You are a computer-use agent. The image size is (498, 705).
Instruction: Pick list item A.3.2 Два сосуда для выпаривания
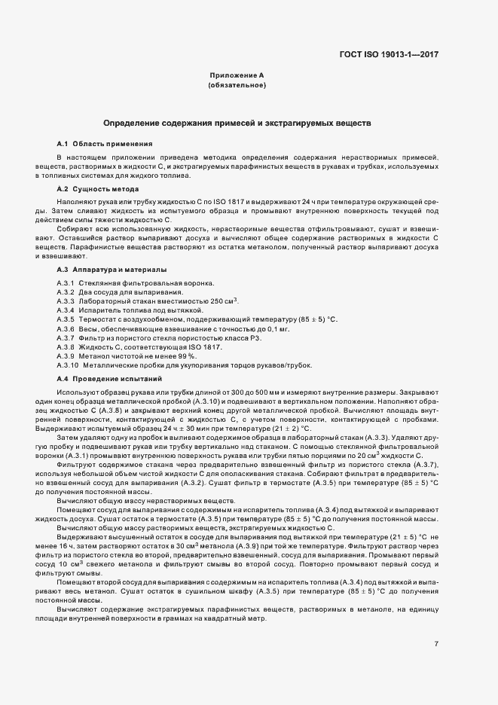click(x=119, y=291)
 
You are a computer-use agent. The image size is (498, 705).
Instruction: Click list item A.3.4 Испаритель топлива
click(x=125, y=310)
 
